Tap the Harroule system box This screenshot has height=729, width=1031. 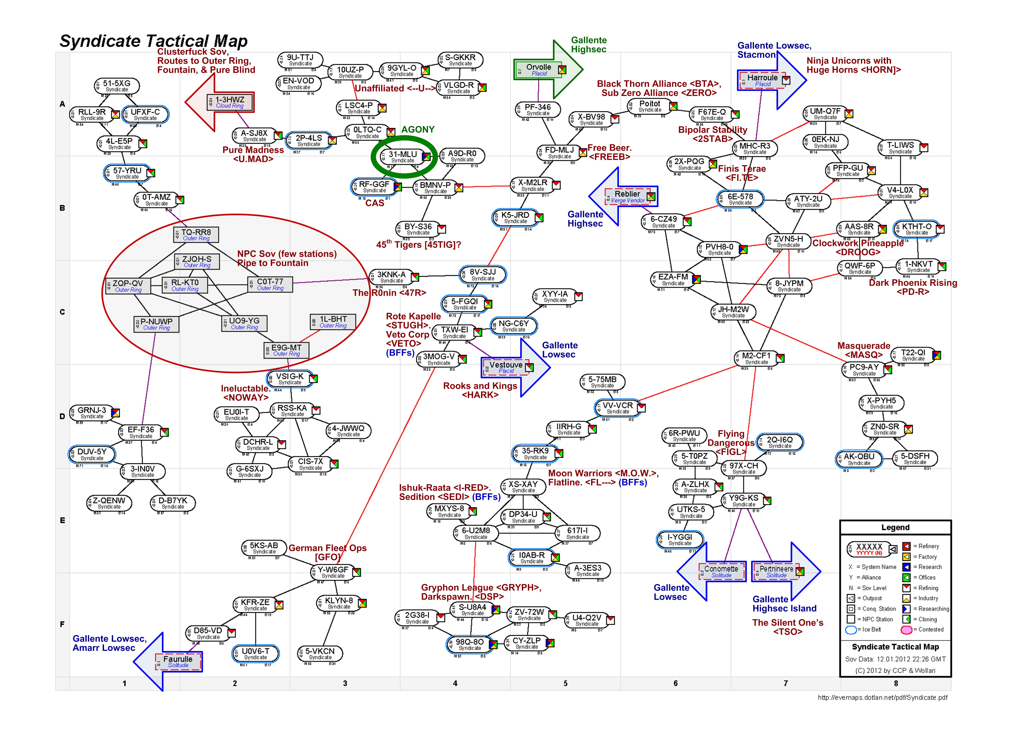pyautogui.click(x=762, y=80)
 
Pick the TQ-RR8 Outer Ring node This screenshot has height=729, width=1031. pyautogui.click(x=196, y=234)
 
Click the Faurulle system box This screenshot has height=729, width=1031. pyautogui.click(x=178, y=661)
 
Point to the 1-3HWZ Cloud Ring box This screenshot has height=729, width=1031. pyautogui.click(x=230, y=102)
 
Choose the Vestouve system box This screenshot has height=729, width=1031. pyautogui.click(x=506, y=367)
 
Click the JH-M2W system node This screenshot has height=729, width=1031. pyautogui.click(x=733, y=311)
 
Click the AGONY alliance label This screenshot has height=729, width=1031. pyautogui.click(x=418, y=130)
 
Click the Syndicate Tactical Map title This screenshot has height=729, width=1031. pyautogui.click(x=153, y=41)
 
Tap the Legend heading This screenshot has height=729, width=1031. pyautogui.click(x=895, y=527)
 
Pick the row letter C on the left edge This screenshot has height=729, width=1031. pyautogui.click(x=62, y=312)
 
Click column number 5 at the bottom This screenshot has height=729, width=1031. pyautogui.click(x=565, y=683)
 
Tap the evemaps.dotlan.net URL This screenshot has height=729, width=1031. pyautogui.click(x=882, y=698)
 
